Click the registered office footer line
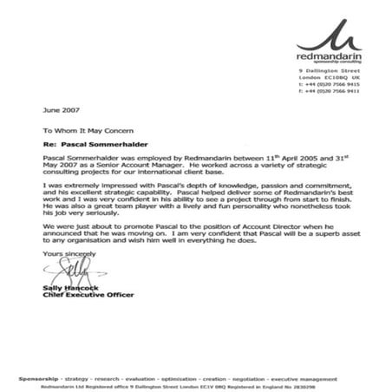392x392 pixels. click(196, 386)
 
